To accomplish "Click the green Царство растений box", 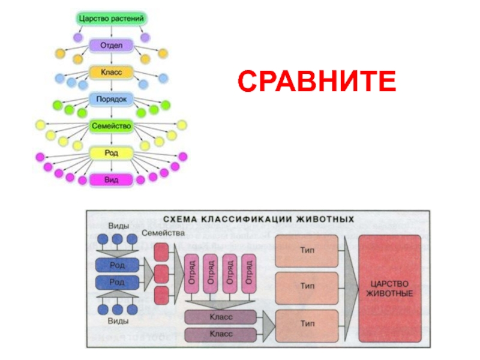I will (x=112, y=19).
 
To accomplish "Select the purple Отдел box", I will (x=111, y=45).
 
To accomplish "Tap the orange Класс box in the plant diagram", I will (x=111, y=72).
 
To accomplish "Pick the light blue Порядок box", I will (x=111, y=99).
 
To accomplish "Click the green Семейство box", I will (x=111, y=126).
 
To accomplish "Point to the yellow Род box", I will (x=111, y=153).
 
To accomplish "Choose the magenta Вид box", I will (x=111, y=179).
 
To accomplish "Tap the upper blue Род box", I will (x=117, y=265).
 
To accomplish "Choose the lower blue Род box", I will (x=117, y=282).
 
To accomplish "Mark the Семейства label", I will (x=163, y=233).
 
